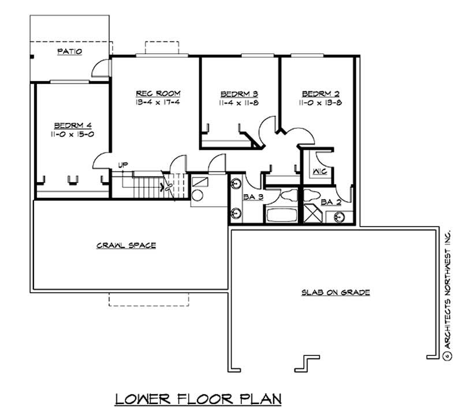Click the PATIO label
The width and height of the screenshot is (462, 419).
pos(69,51)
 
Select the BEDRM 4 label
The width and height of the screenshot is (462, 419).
pos(73,125)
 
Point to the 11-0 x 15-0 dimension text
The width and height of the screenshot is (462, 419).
pos(73,134)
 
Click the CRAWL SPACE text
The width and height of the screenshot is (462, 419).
pos(125,246)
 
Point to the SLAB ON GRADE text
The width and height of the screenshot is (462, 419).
pos(335,292)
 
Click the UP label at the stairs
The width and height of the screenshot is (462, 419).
pos(122,165)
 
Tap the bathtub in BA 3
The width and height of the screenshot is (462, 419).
pos(281,215)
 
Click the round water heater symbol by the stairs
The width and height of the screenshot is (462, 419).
pos(198,195)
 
